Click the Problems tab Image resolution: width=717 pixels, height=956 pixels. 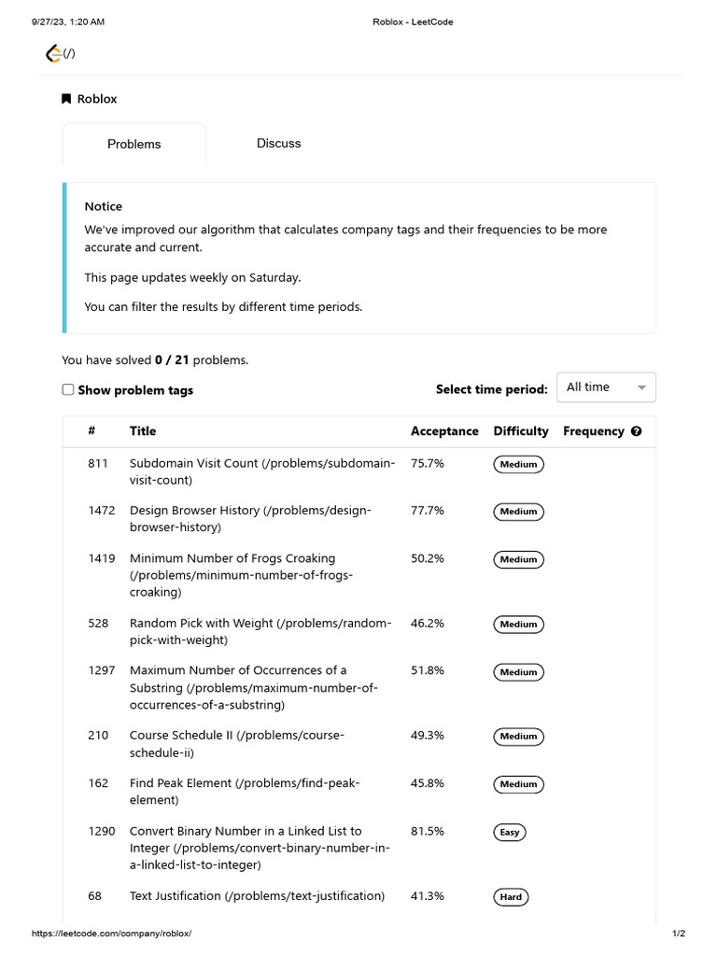[134, 144]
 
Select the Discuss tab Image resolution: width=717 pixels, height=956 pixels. [278, 143]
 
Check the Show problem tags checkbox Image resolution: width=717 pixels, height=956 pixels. [68, 389]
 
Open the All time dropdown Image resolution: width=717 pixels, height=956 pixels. [606, 387]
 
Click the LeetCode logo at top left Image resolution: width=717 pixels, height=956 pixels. [55, 54]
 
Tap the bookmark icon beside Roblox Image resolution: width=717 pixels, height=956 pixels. [66, 99]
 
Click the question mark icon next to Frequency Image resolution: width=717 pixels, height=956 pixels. [637, 431]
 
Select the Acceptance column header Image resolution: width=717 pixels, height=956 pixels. [444, 431]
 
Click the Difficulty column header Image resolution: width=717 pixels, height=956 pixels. [521, 431]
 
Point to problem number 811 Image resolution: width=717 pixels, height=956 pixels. [98, 463]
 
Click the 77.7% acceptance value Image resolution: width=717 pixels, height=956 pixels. [428, 511]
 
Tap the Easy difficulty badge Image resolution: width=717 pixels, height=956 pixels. [510, 832]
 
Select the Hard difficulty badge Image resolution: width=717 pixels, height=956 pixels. [511, 897]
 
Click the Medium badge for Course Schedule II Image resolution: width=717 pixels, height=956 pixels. [518, 737]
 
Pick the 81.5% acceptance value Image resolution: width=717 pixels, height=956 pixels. [428, 831]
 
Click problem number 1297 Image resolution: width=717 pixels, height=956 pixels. [102, 670]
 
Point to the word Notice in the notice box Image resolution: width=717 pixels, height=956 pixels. [103, 206]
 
